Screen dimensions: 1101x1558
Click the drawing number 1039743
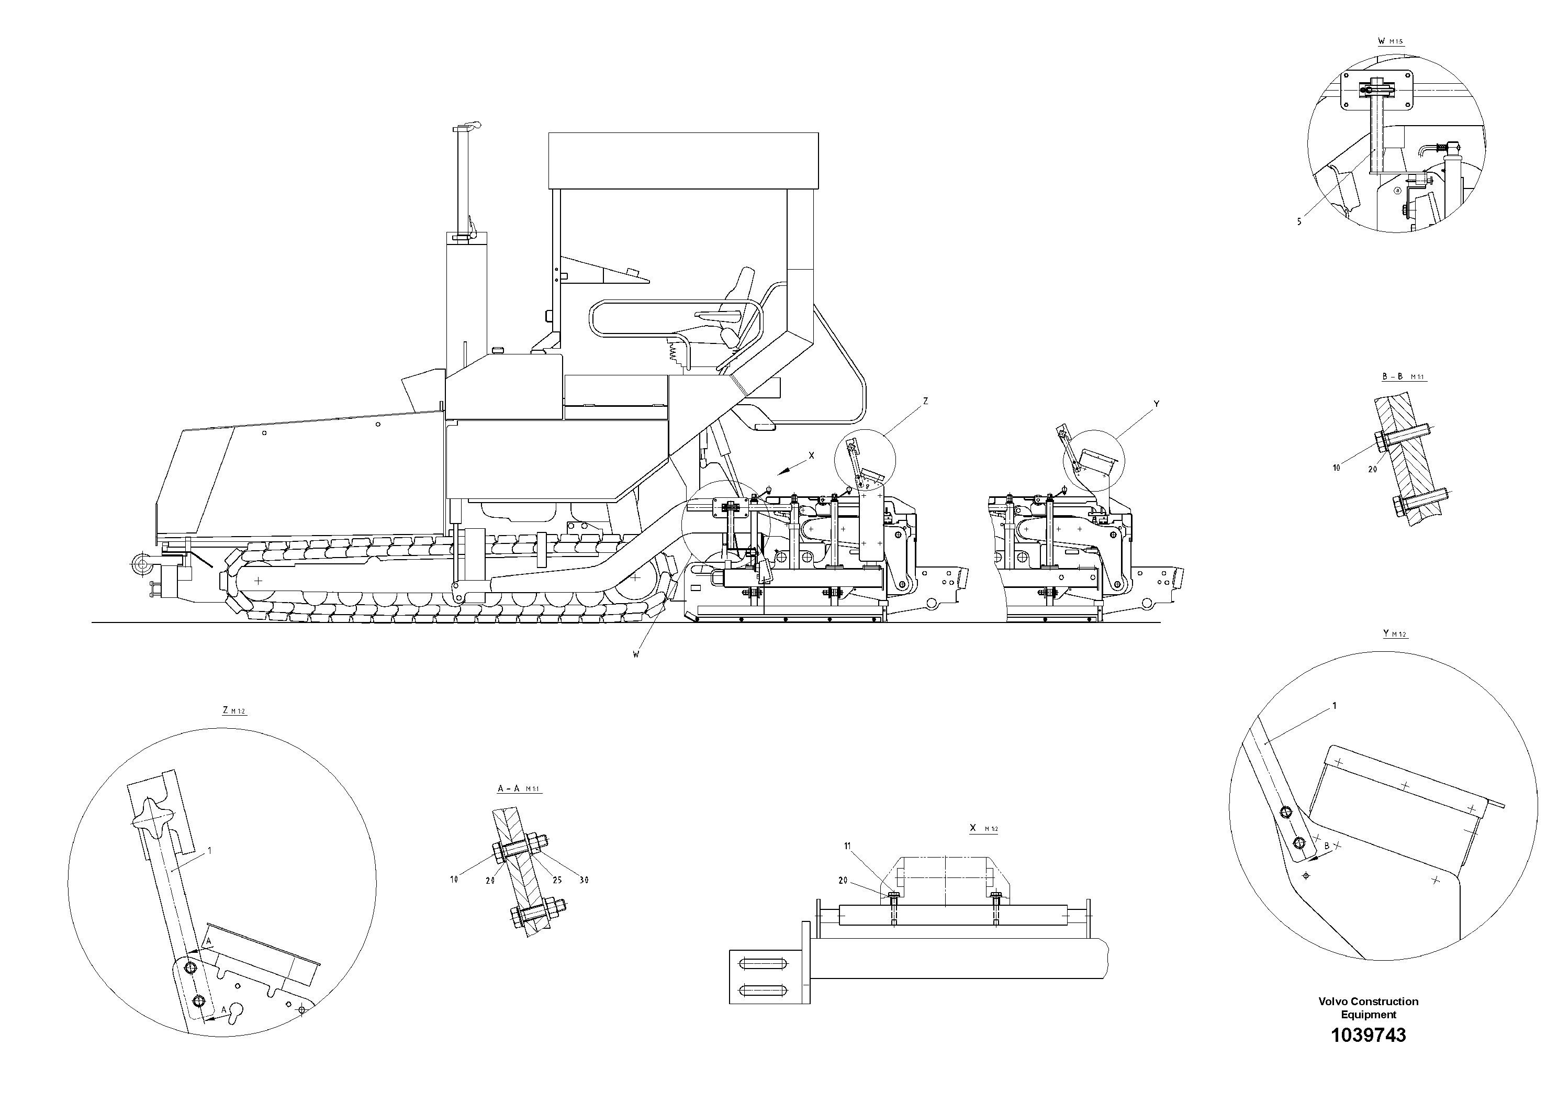tap(1368, 1054)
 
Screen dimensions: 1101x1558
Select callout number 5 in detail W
tap(1299, 222)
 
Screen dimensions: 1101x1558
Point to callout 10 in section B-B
tap(1336, 468)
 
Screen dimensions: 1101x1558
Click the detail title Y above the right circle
tap(1386, 633)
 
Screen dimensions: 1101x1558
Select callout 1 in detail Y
tap(1334, 706)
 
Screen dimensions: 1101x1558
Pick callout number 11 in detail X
tap(847, 846)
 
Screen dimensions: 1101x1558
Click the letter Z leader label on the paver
tap(926, 401)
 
